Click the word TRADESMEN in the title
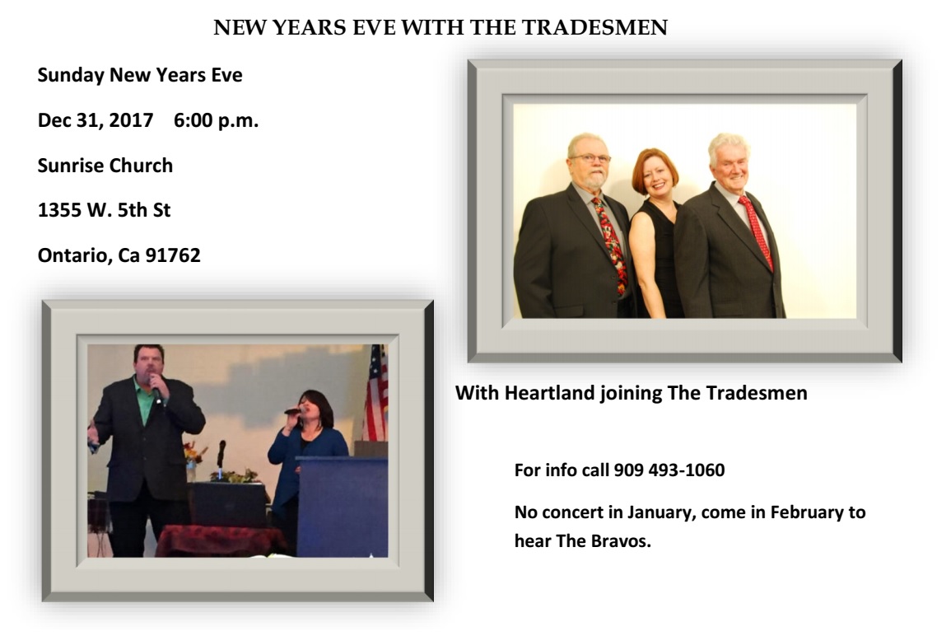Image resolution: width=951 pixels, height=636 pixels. point(594,27)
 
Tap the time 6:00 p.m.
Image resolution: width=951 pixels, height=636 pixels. point(216,120)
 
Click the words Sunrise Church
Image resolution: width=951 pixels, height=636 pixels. point(105,165)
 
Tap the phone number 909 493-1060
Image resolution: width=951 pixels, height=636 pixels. point(669,470)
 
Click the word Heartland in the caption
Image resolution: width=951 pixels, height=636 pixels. point(549,393)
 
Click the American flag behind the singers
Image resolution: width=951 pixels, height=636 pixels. point(376,393)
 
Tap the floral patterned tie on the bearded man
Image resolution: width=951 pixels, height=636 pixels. point(611,246)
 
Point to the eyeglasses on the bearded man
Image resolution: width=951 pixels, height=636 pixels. point(590,158)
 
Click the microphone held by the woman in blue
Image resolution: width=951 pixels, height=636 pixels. point(293,411)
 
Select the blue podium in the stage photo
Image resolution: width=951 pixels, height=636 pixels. point(342,507)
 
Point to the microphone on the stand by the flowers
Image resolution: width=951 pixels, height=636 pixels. point(221,453)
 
